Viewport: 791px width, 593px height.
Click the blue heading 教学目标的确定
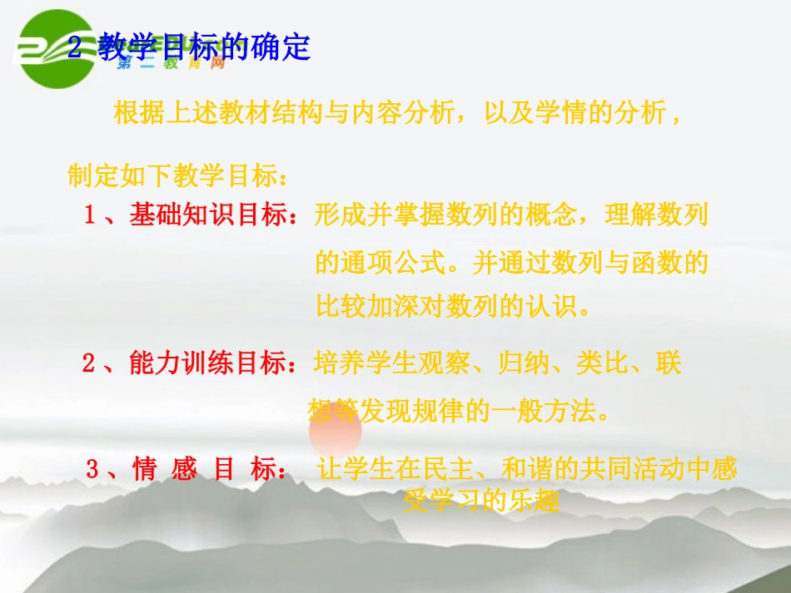click(x=204, y=47)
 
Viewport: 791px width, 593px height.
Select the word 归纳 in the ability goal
click(x=522, y=363)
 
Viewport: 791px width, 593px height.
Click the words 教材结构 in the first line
click(x=247, y=113)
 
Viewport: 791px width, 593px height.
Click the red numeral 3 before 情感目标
click(x=92, y=470)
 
